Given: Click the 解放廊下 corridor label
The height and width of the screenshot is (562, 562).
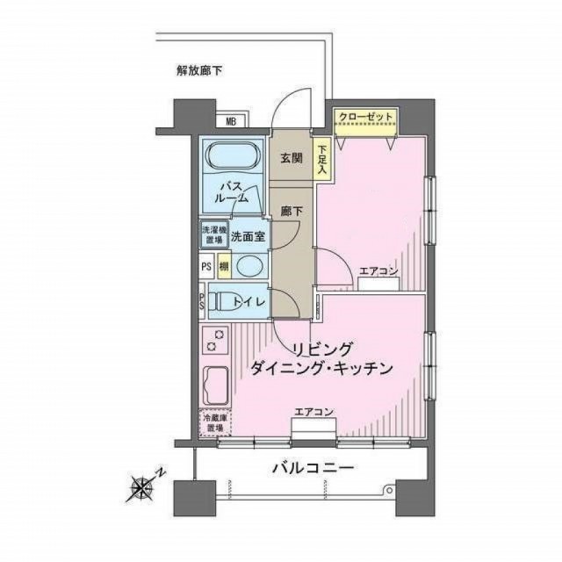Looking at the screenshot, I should tap(198, 69).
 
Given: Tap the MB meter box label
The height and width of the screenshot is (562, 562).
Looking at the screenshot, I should tap(231, 122).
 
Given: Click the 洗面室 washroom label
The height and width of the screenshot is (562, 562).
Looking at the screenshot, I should tap(249, 236).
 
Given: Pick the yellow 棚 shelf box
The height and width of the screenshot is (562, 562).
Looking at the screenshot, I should tap(224, 266).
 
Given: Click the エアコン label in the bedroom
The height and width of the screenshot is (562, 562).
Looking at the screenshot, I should tap(378, 271).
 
